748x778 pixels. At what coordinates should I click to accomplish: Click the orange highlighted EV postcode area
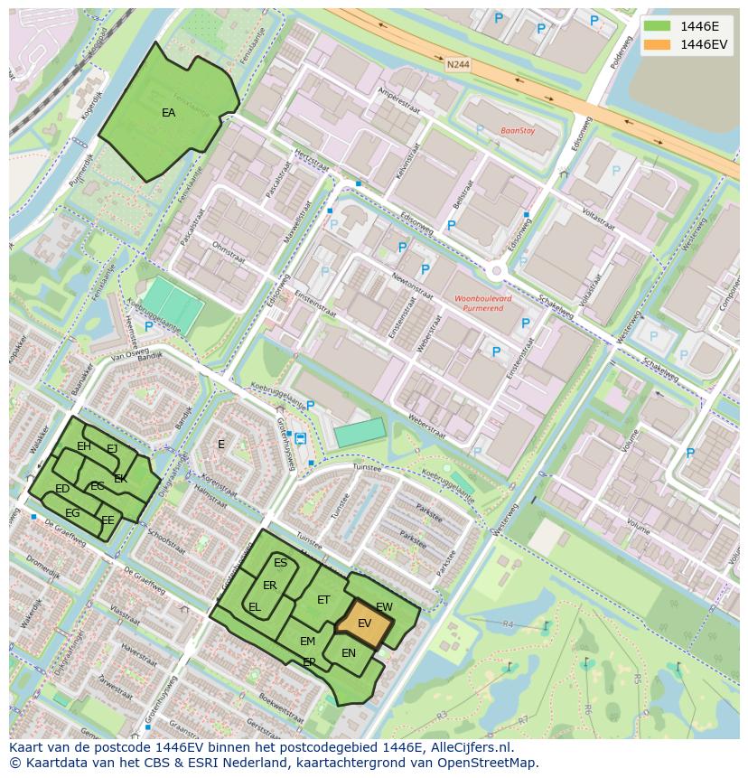pyautogui.click(x=365, y=623)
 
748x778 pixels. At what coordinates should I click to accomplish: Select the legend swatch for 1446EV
pyautogui.click(x=657, y=44)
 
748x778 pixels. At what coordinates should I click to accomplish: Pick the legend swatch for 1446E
pyautogui.click(x=657, y=25)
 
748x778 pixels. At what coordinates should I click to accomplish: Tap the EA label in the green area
pyautogui.click(x=169, y=113)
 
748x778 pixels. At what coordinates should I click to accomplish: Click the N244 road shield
pyautogui.click(x=458, y=65)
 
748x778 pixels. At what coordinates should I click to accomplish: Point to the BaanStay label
pyautogui.click(x=518, y=130)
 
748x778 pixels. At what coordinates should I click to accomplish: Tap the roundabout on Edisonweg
pyautogui.click(x=496, y=270)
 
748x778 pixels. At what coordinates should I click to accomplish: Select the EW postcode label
pyautogui.click(x=384, y=607)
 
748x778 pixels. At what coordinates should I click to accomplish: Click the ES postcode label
pyautogui.click(x=280, y=563)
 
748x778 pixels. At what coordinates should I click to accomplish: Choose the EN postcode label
pyautogui.click(x=349, y=653)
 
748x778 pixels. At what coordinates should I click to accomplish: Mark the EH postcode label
pyautogui.click(x=84, y=446)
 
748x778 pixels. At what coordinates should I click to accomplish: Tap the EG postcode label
pyautogui.click(x=72, y=513)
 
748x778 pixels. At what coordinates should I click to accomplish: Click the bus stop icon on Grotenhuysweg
pyautogui.click(x=300, y=439)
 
